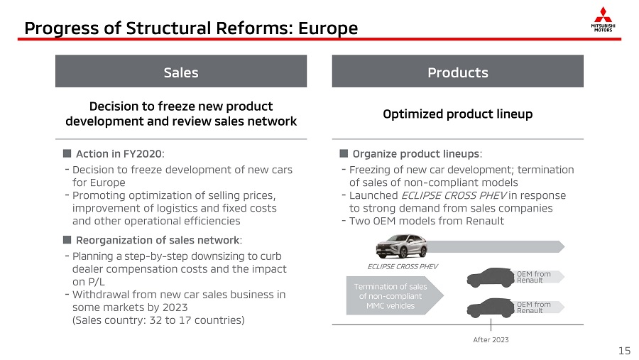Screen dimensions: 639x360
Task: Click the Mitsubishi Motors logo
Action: click(603, 19)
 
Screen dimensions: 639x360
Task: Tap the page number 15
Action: click(624, 351)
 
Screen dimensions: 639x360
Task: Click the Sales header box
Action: click(181, 71)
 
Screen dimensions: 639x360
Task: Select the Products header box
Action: click(458, 71)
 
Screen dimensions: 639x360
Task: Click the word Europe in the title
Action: click(328, 28)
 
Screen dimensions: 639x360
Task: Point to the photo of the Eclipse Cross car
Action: click(401, 246)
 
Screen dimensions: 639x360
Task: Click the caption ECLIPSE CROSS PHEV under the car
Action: click(403, 267)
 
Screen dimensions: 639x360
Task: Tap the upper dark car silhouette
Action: click(491, 278)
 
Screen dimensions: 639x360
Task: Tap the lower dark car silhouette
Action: click(491, 308)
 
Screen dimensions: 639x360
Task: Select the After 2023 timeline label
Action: click(491, 339)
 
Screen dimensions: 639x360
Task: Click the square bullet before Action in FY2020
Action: click(67, 153)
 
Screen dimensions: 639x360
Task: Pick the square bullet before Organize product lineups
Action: click(344, 153)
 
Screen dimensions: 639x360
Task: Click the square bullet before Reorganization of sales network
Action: click(67, 240)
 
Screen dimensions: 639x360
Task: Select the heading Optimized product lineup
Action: click(458, 114)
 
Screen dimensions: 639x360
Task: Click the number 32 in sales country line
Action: click(155, 320)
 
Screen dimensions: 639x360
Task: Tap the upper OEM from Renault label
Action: click(534, 277)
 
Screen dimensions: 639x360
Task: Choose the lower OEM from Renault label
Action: click(534, 307)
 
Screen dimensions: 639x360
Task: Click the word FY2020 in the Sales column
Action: click(141, 153)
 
